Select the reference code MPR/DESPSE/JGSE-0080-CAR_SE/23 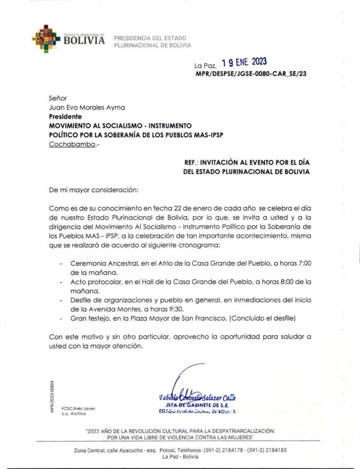coord(251,74)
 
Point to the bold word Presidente coord(65,116)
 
